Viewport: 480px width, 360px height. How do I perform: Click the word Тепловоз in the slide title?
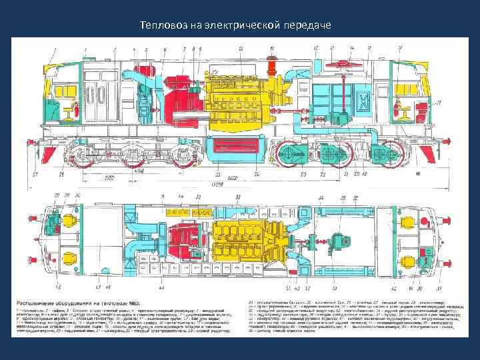pyautogui.click(x=162, y=26)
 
